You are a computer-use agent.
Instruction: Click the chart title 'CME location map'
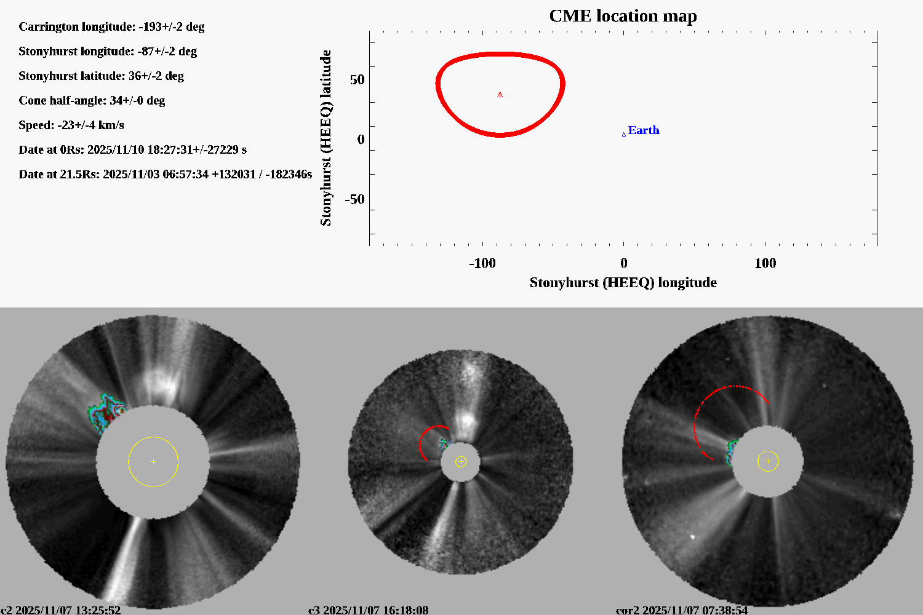click(623, 16)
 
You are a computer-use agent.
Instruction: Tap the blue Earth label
click(643, 130)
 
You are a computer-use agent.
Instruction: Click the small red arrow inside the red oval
click(500, 95)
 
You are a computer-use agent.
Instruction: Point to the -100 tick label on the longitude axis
click(482, 263)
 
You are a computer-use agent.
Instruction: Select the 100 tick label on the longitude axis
click(765, 263)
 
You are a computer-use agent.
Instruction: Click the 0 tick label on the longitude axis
click(623, 263)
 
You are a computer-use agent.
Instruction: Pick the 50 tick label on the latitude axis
click(357, 80)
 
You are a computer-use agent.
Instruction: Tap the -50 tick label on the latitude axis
click(354, 199)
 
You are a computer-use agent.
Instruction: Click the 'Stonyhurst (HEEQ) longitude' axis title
click(623, 282)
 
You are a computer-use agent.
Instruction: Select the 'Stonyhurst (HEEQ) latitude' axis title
click(326, 138)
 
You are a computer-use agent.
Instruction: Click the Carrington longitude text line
click(111, 26)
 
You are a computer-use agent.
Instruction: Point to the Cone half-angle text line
click(92, 100)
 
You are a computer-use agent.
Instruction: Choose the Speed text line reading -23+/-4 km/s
click(71, 125)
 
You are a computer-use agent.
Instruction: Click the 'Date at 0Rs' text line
click(132, 149)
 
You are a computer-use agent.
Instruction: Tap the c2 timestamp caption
click(61, 610)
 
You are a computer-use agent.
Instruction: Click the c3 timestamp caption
click(368, 610)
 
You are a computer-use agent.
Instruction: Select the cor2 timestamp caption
click(682, 610)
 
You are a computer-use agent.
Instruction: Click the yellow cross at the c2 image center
click(153, 461)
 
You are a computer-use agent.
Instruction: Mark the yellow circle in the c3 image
click(461, 462)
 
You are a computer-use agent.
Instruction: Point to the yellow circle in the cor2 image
click(768, 461)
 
